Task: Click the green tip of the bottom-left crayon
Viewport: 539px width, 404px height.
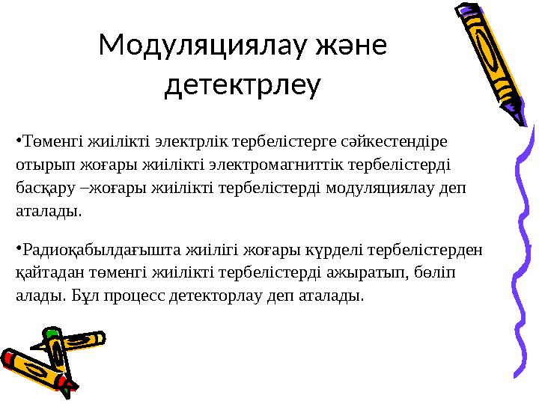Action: tap(51, 333)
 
